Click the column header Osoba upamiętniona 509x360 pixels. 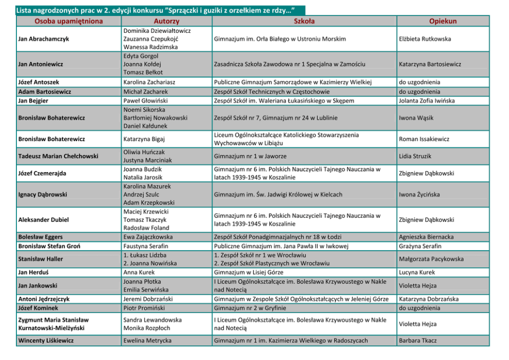pyautogui.click(x=68, y=21)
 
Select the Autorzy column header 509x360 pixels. pyautogui.click(x=166, y=21)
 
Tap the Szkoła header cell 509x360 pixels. pyautogui.click(x=304, y=21)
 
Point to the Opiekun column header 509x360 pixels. pyautogui.click(x=443, y=21)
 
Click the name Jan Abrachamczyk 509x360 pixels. pyautogui.click(x=44, y=39)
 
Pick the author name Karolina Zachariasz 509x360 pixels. pyautogui.click(x=149, y=82)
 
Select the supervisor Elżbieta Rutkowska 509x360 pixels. pyautogui.click(x=425, y=39)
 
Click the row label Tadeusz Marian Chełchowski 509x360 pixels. pyautogui.click(x=58, y=156)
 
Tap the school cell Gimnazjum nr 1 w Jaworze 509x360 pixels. pyautogui.click(x=250, y=156)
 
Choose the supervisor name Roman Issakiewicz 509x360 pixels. pyautogui.click(x=424, y=139)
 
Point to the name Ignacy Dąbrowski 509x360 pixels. pyautogui.click(x=43, y=195)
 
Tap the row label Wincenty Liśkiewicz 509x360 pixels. pyautogui.click(x=46, y=340)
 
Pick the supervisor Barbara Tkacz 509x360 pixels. pyautogui.click(x=418, y=340)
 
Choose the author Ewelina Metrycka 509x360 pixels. pyautogui.click(x=147, y=340)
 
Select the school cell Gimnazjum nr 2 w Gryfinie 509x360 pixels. pyautogui.click(x=250, y=308)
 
